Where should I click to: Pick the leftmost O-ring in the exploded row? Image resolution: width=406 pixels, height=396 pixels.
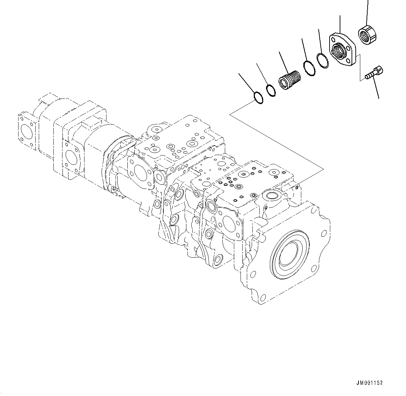tap(257, 98)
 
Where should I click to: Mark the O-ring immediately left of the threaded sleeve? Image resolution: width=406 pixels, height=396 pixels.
tap(271, 90)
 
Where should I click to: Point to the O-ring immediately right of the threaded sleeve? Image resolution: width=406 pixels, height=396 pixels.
tap(309, 68)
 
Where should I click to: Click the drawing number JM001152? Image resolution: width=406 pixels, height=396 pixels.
tap(370, 383)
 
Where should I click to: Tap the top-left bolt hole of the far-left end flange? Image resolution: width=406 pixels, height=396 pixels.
tap(21, 116)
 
